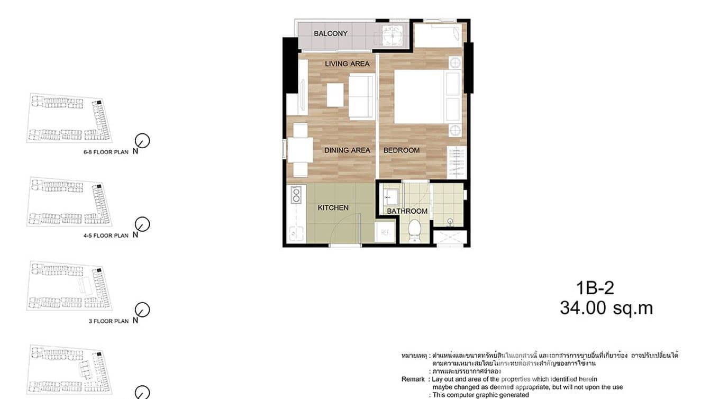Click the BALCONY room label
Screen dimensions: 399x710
(331, 33)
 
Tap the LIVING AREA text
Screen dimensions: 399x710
(347, 64)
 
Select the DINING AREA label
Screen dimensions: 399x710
(347, 150)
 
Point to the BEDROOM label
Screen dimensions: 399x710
(402, 150)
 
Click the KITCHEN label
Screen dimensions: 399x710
(333, 207)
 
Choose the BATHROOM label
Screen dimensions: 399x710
(407, 211)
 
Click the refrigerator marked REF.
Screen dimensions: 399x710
(385, 232)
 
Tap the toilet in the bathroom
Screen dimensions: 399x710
(415, 231)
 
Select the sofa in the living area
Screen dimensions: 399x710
(361, 96)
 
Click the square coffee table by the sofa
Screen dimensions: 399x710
(335, 95)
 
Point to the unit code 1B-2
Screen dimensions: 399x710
(595, 288)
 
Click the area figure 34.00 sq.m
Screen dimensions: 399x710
(606, 309)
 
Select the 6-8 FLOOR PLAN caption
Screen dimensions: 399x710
(106, 152)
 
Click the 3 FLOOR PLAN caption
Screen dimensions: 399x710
(108, 321)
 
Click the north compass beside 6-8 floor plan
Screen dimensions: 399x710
(142, 141)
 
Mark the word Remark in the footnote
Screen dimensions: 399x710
(413, 379)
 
